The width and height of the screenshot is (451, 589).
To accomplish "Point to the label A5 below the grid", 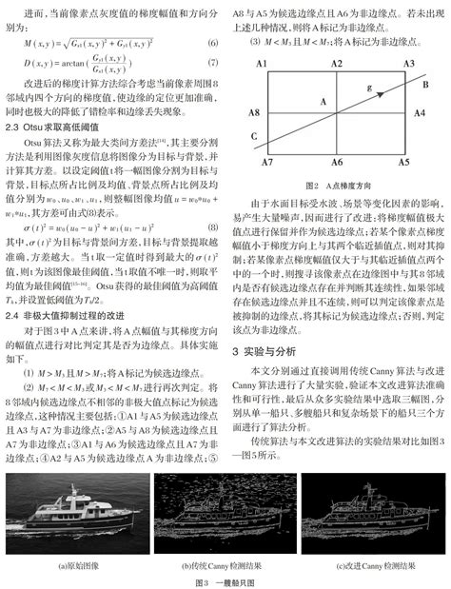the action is click(x=405, y=163).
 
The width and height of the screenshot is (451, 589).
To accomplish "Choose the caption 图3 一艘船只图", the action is click(x=225, y=580).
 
